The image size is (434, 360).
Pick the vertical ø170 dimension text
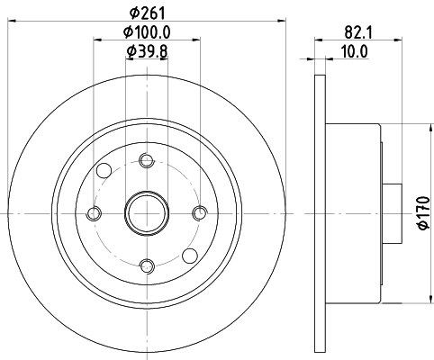coord(421,211)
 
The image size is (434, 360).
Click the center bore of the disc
coord(146,212)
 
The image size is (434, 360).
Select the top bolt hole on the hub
coord(146,161)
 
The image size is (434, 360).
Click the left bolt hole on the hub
coord(95,212)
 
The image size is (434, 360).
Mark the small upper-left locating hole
coord(104,171)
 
